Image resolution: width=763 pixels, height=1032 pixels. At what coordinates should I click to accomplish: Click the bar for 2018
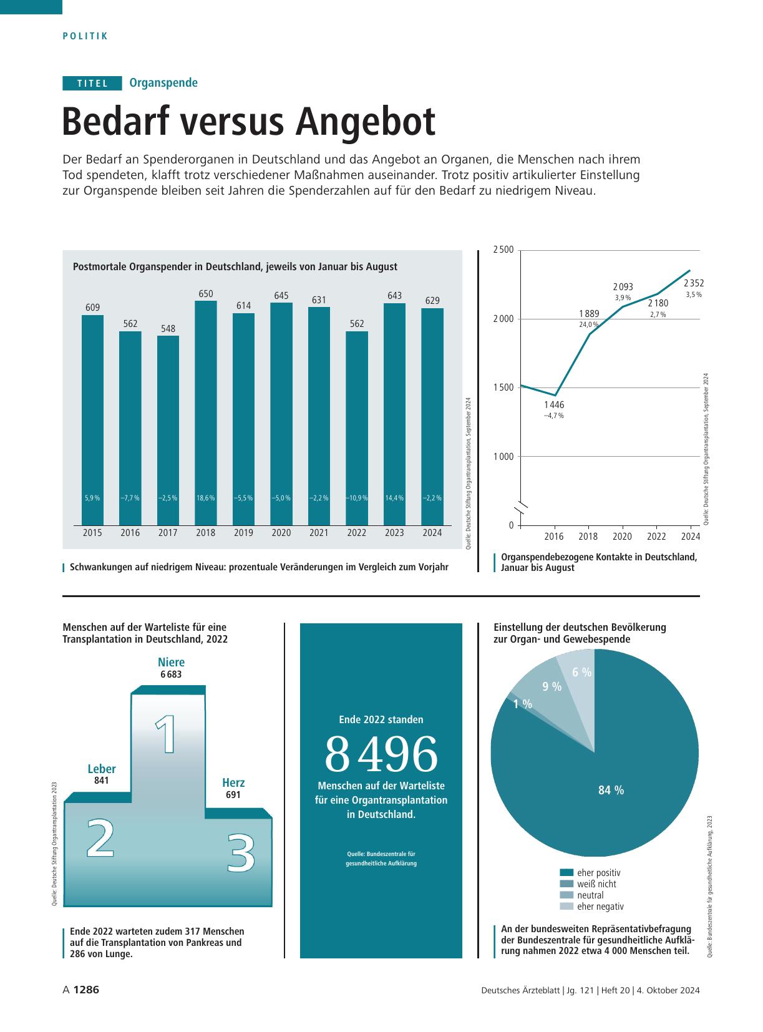point(206,413)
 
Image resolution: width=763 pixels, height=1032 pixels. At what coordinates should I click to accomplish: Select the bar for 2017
point(168,431)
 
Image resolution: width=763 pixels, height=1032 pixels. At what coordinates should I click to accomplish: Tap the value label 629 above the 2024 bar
point(432,301)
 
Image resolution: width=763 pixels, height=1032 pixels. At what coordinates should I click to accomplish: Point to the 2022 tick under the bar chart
point(357,533)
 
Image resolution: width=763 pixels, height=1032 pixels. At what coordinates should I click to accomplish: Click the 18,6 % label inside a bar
point(206,498)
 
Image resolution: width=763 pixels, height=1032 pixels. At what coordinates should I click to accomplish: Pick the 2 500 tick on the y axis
point(503,250)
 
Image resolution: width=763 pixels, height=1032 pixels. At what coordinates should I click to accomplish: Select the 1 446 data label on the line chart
point(553,405)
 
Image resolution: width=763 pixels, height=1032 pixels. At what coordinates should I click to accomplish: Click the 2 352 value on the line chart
point(694,283)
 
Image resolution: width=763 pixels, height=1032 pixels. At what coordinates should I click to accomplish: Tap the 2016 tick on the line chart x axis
point(554,537)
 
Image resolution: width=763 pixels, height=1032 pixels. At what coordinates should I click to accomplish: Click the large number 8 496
point(381,754)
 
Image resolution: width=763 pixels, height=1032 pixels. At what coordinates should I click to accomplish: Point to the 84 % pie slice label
point(611,790)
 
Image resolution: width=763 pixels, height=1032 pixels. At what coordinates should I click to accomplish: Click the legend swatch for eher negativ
point(566,907)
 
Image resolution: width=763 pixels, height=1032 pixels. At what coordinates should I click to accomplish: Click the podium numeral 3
point(241,853)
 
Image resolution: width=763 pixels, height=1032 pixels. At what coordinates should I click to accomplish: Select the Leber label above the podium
point(102,769)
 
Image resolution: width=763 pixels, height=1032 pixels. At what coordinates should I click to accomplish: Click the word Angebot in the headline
point(365,122)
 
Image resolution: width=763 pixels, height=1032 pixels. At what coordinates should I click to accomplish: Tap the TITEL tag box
point(92,83)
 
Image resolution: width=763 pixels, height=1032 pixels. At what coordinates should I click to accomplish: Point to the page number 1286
point(86,990)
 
